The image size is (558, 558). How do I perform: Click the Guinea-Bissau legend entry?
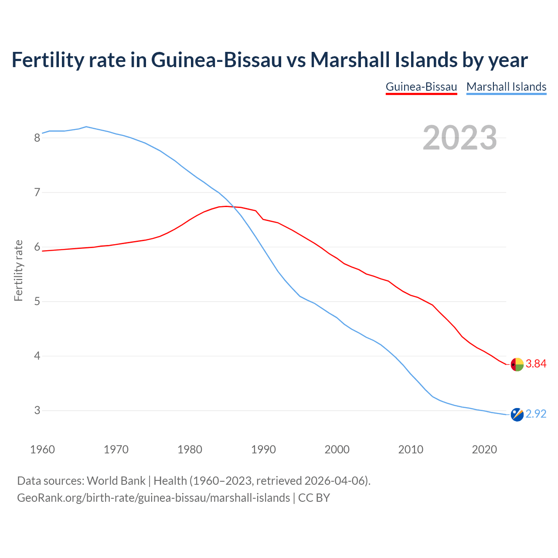click(x=421, y=87)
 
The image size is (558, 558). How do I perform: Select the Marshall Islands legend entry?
click(x=506, y=87)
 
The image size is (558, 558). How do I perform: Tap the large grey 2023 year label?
click(x=460, y=138)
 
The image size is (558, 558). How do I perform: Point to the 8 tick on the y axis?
click(x=37, y=138)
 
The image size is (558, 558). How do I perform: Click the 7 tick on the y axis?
click(x=37, y=193)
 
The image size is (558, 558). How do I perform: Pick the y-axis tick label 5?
click(x=37, y=302)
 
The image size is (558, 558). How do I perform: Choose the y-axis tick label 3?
click(x=37, y=411)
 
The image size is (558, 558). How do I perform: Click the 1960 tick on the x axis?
click(x=42, y=449)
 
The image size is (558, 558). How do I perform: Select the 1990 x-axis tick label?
click(x=263, y=449)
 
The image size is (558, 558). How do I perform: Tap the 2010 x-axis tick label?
click(x=411, y=449)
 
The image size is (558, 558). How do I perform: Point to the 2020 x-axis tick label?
click(x=484, y=449)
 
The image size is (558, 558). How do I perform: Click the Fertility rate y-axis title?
click(x=18, y=270)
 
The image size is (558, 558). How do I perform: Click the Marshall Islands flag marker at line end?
click(x=517, y=415)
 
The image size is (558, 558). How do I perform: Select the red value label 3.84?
click(x=536, y=364)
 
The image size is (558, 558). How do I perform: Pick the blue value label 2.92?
click(x=536, y=414)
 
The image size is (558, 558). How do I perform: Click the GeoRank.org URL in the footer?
click(x=153, y=498)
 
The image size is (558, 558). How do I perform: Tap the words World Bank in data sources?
click(x=116, y=481)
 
